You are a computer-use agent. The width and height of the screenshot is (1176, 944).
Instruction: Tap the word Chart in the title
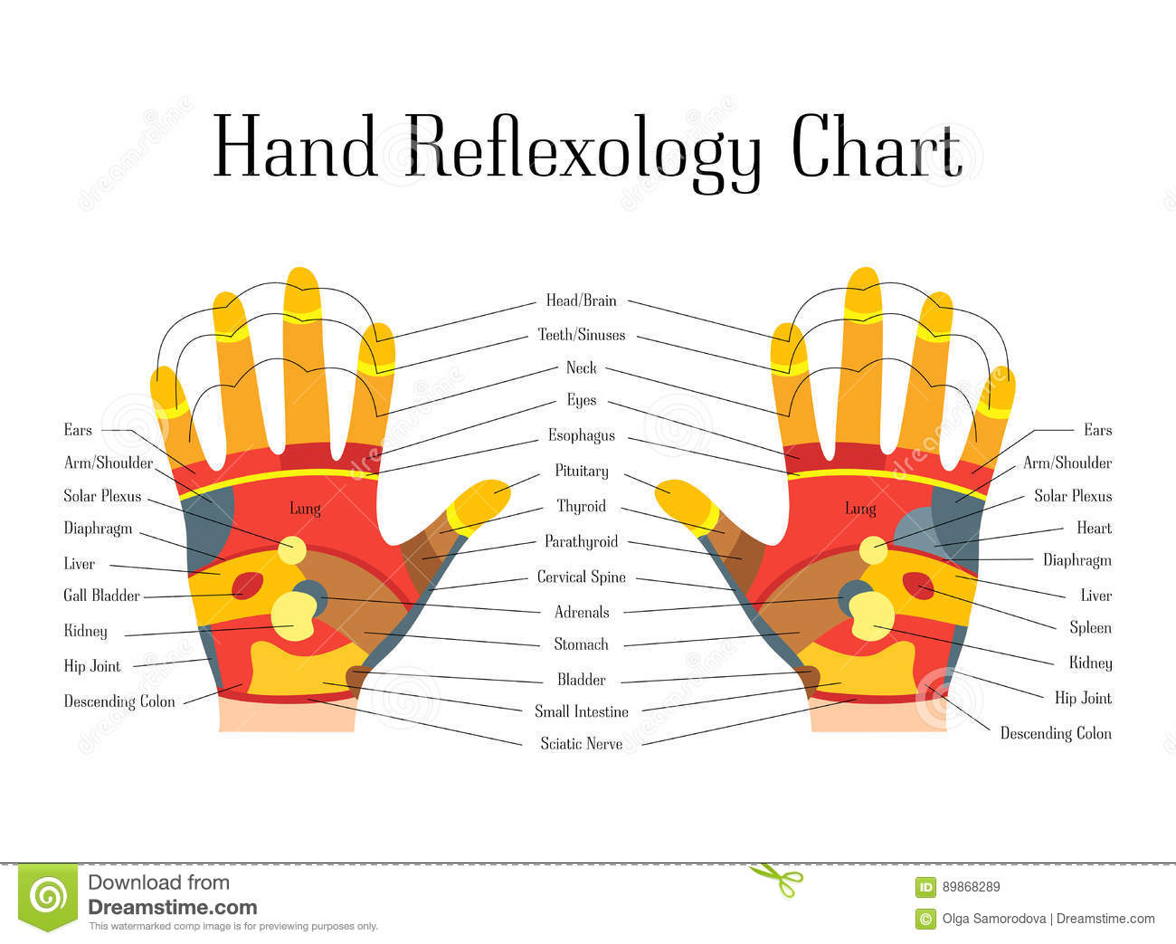point(876,148)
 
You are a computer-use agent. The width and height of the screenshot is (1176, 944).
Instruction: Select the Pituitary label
point(582,472)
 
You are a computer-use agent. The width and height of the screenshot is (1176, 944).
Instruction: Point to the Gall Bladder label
point(101,596)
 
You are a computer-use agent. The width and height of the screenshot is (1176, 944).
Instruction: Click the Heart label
point(1094,528)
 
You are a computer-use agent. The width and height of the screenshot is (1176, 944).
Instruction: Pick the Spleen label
point(1090,628)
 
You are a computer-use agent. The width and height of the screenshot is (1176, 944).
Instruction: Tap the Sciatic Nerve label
point(581,744)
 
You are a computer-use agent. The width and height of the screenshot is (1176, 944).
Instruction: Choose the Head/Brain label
point(581,300)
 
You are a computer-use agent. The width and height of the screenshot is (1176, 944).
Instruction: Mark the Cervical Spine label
point(581,577)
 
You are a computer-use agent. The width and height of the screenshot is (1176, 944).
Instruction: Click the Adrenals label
point(582,613)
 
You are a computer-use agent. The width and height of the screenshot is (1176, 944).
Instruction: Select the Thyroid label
point(581,507)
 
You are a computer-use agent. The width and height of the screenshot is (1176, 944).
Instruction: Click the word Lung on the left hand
point(305,509)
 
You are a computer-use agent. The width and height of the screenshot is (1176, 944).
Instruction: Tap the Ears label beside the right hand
point(1097,430)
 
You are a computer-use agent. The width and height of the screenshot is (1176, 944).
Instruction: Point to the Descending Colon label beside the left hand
point(119,701)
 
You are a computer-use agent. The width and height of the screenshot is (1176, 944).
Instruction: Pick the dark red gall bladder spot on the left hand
point(247,585)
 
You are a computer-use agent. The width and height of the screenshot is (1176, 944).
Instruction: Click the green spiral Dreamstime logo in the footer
point(48,896)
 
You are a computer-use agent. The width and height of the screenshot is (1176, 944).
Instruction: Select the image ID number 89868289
point(971,887)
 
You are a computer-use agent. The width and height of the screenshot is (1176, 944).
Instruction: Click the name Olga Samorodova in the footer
point(993,919)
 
